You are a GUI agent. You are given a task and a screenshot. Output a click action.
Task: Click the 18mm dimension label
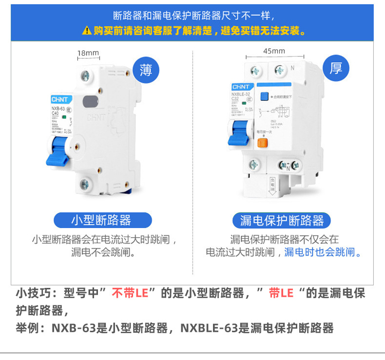click(88, 53)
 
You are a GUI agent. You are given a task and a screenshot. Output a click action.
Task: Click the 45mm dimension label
click(274, 51)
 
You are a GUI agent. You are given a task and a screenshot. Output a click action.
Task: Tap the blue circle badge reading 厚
click(336, 69)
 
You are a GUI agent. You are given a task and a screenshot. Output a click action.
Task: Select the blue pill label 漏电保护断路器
click(282, 220)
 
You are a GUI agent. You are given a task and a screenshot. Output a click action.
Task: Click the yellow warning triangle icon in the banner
click(87, 31)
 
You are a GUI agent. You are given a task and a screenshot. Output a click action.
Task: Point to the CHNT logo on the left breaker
click(59, 98)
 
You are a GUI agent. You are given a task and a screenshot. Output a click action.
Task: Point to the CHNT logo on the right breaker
click(241, 87)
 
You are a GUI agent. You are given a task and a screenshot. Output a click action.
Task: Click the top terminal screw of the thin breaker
click(86, 76)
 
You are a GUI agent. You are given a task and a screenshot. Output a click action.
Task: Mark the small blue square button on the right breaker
click(265, 96)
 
